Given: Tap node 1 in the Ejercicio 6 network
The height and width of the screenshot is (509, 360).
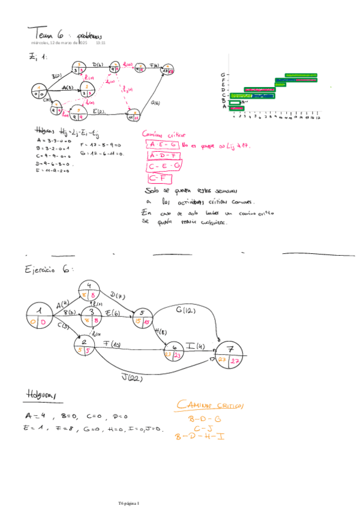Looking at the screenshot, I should point(39,316).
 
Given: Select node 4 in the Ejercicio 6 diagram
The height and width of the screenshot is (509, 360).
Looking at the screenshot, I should point(89,290).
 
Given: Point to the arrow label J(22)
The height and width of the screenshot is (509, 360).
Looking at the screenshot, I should point(131,377).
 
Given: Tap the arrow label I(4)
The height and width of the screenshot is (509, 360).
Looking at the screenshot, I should point(195,346).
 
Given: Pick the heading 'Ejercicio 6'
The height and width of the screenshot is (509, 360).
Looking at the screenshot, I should point(49,270).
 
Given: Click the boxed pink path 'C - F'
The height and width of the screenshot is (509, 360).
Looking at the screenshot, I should point(159,178).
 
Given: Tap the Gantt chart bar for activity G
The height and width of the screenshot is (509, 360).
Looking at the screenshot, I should point(301,76).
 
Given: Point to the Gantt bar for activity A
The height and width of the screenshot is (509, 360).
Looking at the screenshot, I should point(235,108).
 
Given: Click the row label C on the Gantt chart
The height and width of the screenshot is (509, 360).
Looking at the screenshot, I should point(223,95).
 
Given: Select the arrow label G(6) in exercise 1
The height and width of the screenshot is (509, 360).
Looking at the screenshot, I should point(155,103).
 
